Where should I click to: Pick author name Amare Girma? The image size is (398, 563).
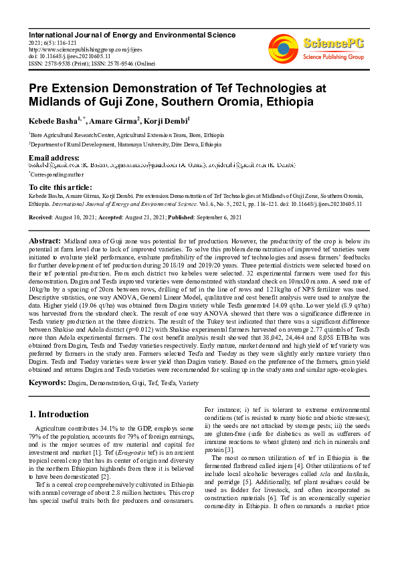coord(114,121)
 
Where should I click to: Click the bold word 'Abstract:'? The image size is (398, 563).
coord(45,239)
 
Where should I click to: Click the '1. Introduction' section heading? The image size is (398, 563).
coord(59,415)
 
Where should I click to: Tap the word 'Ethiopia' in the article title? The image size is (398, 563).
coord(289,102)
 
